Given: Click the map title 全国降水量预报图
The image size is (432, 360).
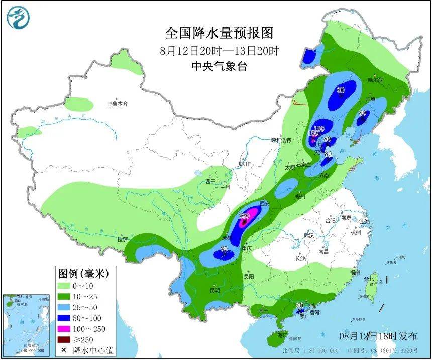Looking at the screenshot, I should point(220,33).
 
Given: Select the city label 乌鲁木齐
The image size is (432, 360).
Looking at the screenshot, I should point(117,104).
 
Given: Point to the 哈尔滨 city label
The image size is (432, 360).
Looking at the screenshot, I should point(375,80).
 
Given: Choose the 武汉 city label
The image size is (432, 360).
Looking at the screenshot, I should point(308,235).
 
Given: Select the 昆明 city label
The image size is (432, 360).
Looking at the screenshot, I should point(214,291).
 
